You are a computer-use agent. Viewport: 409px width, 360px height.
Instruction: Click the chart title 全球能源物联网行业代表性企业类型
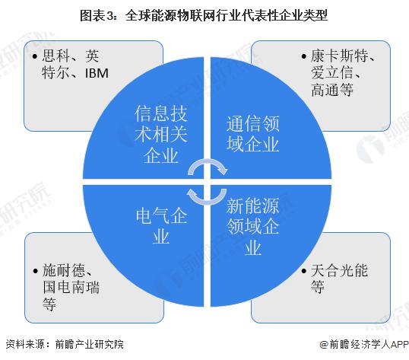click(226, 15)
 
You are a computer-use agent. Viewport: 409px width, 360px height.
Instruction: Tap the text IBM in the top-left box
click(97, 73)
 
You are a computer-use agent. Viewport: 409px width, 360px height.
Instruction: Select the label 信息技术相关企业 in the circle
click(161, 135)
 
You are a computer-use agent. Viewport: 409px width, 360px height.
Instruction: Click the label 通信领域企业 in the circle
click(252, 134)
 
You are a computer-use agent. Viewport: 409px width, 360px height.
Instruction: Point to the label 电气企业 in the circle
click(161, 226)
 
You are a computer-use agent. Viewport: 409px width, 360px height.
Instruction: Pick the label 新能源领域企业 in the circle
click(252, 226)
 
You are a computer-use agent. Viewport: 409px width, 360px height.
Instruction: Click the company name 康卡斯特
click(340, 56)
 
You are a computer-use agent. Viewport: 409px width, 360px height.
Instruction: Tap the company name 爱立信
click(331, 72)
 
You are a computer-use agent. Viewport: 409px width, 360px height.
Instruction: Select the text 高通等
click(332, 89)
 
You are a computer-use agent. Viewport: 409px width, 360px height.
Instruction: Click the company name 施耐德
click(64, 270)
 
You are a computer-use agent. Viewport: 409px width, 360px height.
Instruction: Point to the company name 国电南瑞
click(71, 287)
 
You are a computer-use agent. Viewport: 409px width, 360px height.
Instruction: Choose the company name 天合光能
click(339, 270)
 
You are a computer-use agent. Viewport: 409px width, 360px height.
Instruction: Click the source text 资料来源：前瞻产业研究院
click(65, 344)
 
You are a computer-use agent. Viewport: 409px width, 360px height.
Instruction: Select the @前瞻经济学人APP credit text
click(364, 344)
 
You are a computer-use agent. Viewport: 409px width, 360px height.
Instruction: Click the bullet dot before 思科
click(35, 56)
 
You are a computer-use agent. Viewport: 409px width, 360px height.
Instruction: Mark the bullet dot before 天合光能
click(303, 271)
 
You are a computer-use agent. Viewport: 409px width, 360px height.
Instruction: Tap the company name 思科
click(56, 56)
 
